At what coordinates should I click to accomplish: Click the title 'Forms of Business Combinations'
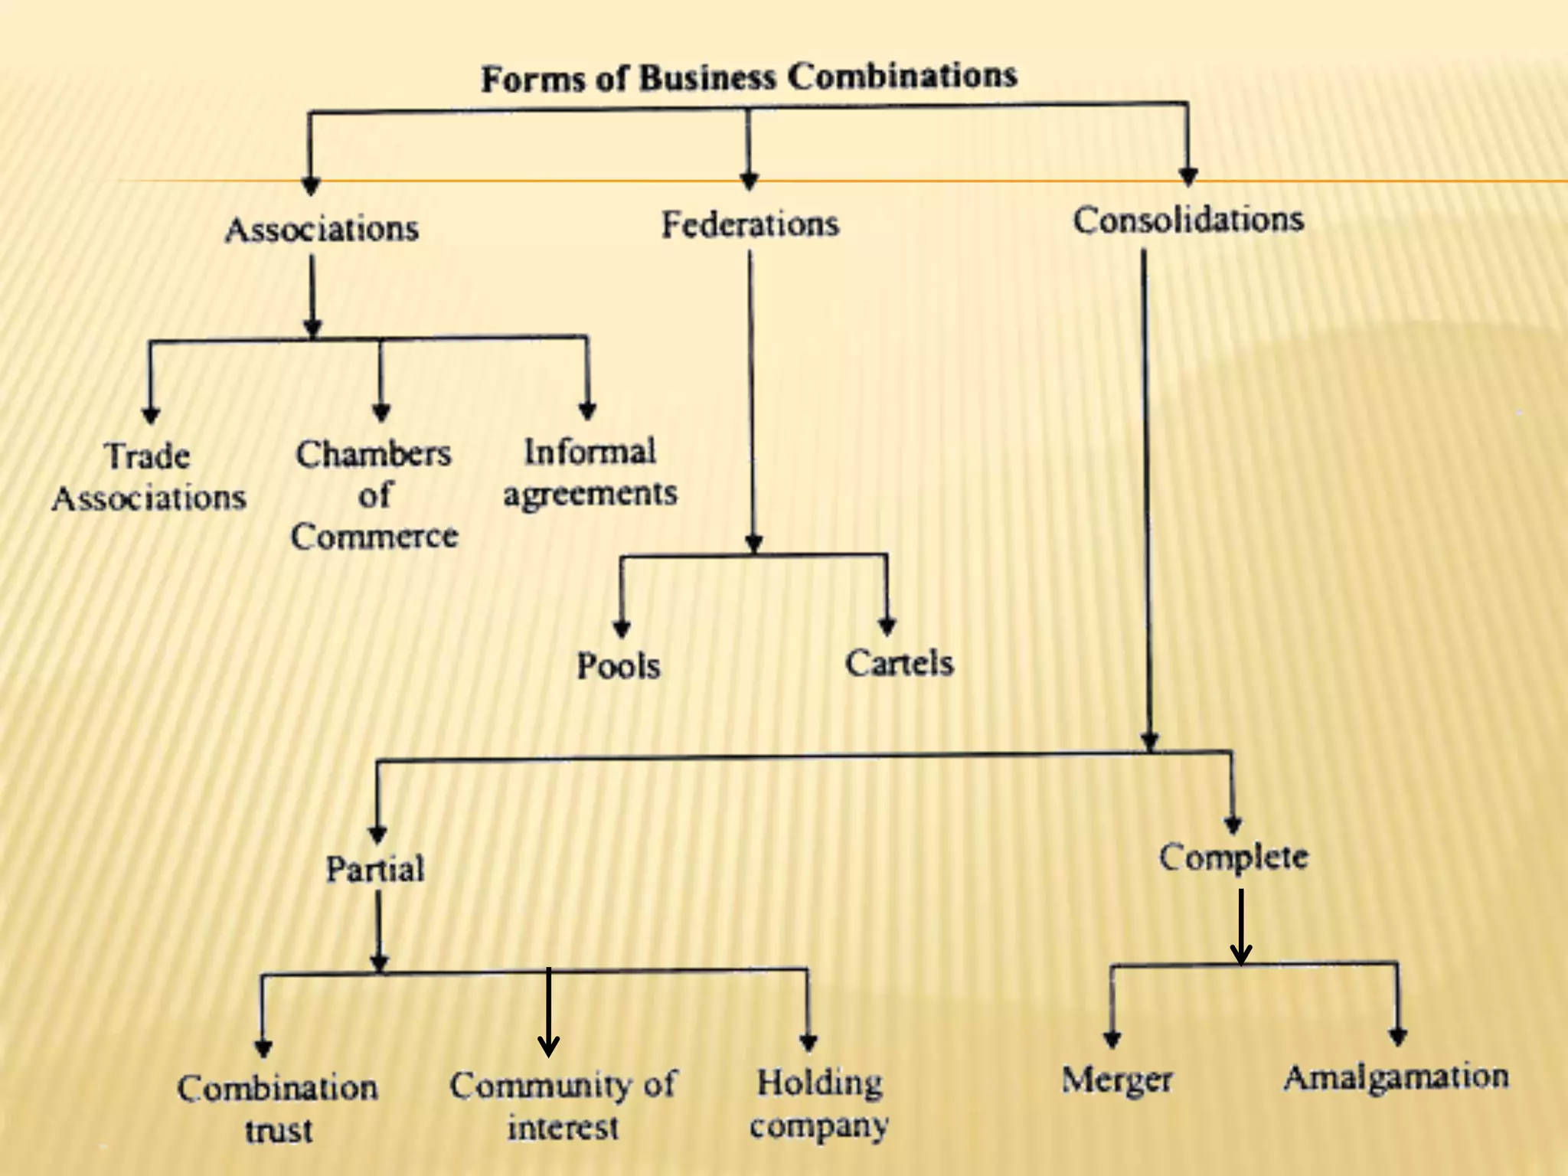click(749, 77)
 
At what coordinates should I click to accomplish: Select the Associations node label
click(322, 229)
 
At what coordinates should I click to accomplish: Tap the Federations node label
click(750, 224)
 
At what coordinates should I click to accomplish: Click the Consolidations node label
click(1188, 220)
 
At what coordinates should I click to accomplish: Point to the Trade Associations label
click(149, 477)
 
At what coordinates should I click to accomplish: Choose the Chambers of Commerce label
click(374, 495)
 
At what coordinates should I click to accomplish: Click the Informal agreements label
click(590, 472)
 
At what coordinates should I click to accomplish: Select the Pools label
click(619, 665)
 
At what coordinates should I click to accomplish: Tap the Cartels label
click(900, 663)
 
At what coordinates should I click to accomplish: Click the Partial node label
click(375, 869)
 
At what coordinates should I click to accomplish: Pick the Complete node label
click(1233, 857)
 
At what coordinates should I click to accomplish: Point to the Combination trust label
click(278, 1108)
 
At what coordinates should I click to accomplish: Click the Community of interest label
click(563, 1106)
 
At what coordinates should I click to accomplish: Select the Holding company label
click(819, 1103)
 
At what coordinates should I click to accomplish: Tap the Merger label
click(1117, 1080)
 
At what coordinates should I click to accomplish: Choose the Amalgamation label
click(1396, 1076)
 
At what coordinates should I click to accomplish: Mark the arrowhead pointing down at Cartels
click(887, 627)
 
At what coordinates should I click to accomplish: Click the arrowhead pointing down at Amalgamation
click(1398, 1037)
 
